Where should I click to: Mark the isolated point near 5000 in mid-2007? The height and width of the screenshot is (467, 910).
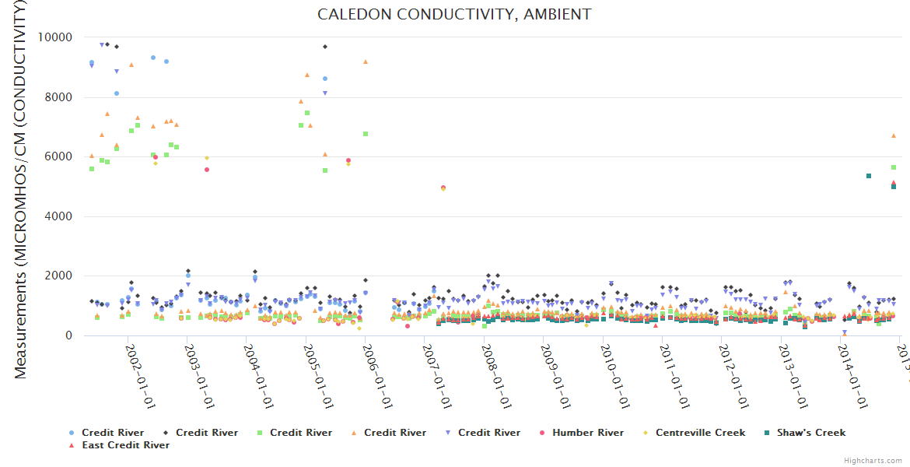pos(443,188)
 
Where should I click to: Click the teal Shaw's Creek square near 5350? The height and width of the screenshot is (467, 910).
pos(869,176)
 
